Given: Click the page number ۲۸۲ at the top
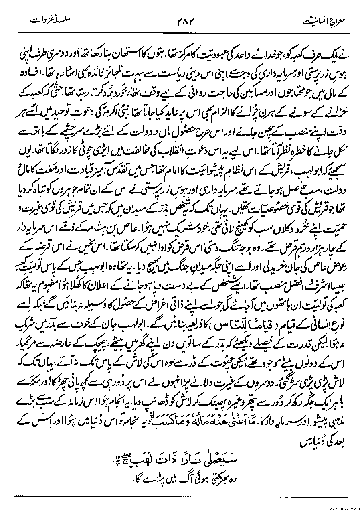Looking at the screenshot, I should click(x=183, y=20).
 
